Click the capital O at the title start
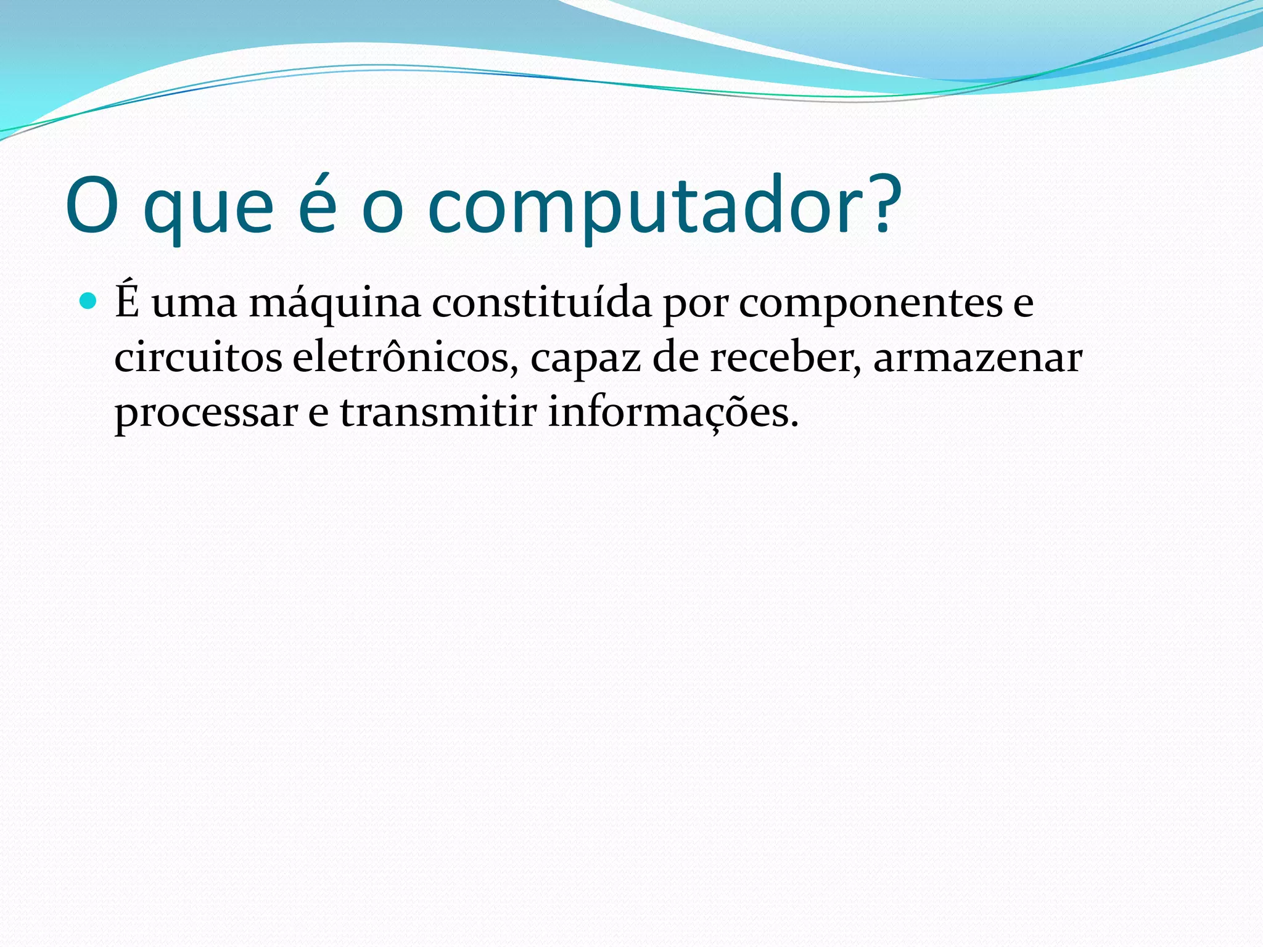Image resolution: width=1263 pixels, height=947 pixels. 92,207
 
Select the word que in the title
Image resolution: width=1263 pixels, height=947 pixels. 208,210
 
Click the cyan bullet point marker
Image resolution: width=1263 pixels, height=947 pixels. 89,301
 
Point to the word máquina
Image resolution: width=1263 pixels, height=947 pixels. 335,304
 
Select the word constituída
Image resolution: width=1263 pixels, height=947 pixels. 541,303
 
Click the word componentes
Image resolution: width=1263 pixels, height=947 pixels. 871,304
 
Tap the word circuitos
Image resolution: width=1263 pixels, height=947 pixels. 198,358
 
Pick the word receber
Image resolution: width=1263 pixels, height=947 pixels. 785,358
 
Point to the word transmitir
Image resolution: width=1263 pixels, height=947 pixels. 438,412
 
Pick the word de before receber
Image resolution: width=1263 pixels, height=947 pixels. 675,358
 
